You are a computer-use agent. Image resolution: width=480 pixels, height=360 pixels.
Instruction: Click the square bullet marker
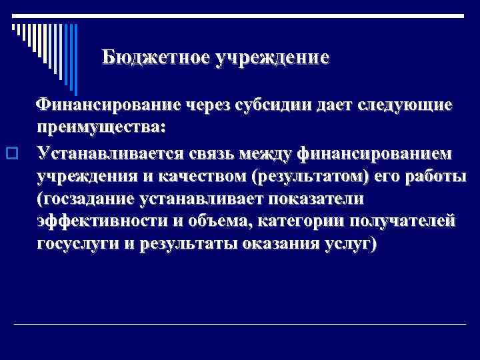pyautogui.click(x=9, y=152)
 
